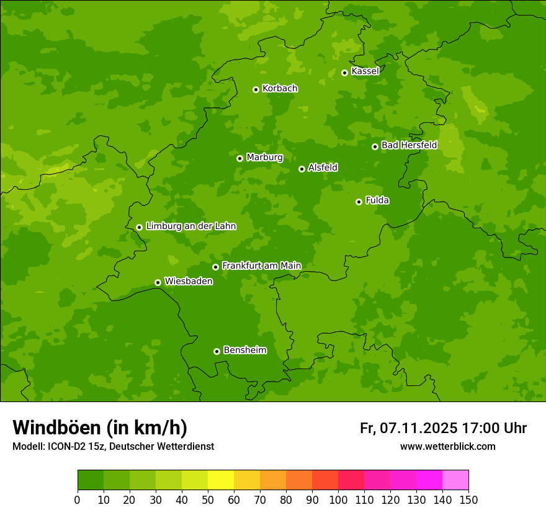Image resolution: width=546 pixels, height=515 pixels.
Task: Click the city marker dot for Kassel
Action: coord(344,73)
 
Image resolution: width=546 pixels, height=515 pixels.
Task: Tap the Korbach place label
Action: coord(280,89)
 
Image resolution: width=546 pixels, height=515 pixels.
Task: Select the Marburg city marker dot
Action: coord(239,158)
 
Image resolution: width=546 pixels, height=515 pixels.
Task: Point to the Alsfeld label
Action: coord(323,168)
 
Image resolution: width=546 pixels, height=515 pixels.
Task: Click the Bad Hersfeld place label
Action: coord(409,145)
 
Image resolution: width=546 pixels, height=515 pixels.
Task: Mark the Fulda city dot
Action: coord(359,202)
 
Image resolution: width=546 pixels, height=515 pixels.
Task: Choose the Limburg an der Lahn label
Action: coord(190,226)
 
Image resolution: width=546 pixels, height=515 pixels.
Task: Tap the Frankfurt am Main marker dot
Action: coord(215,267)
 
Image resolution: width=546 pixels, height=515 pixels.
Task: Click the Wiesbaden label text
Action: coord(188,281)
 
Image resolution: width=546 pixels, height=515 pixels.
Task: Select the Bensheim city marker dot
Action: coord(217,351)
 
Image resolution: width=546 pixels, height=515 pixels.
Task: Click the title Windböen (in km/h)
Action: coord(100,428)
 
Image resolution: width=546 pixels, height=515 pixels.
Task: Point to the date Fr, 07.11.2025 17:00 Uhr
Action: coord(443,428)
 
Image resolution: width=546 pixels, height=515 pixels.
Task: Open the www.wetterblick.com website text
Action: coord(447,446)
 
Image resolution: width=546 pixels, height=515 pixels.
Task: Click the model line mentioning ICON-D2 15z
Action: coord(113,446)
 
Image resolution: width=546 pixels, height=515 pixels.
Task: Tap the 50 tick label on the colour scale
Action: coord(208,499)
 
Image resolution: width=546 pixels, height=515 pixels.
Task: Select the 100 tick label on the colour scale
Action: coord(338,499)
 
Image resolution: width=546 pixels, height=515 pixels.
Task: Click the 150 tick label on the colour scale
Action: coord(468,499)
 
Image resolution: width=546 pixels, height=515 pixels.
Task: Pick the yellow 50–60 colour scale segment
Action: coord(221,480)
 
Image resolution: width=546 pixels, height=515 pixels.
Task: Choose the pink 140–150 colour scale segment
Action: coord(455,480)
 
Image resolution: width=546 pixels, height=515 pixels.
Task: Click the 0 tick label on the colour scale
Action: coord(78,499)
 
